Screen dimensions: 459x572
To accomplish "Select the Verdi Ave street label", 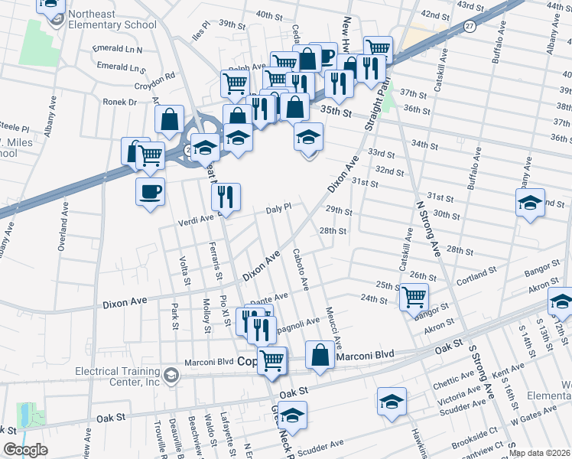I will click(x=197, y=219).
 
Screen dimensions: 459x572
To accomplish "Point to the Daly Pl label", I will click(x=279, y=208).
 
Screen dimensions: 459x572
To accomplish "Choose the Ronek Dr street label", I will click(x=121, y=102).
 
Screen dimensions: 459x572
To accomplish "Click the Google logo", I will click(x=25, y=449).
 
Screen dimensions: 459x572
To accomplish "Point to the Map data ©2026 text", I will click(x=538, y=453).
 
